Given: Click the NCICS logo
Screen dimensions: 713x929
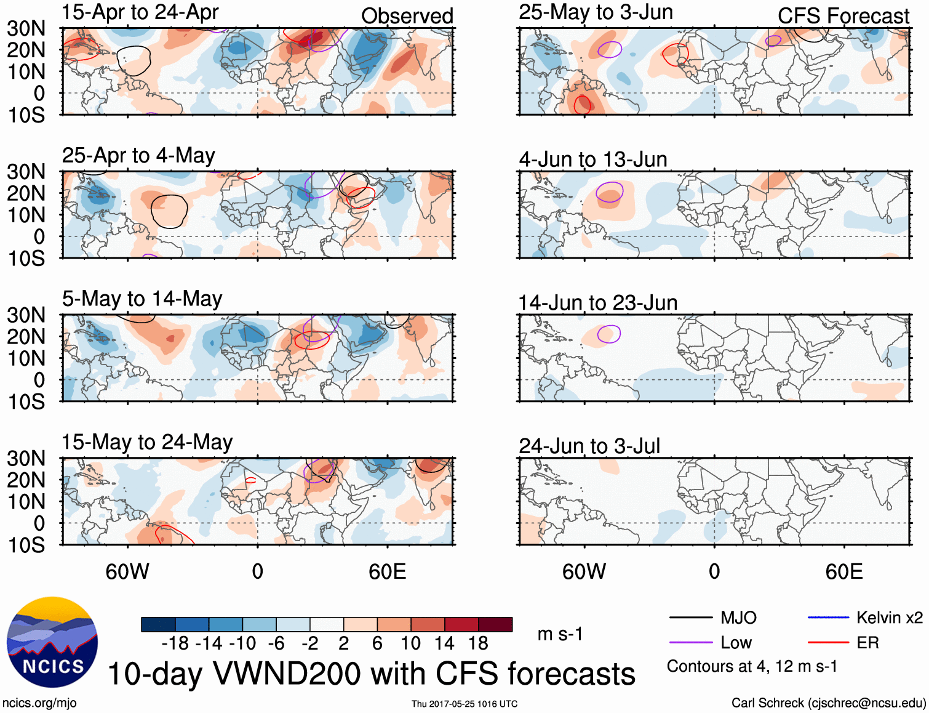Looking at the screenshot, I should (52, 642).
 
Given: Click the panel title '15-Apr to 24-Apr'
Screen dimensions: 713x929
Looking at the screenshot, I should (140, 12).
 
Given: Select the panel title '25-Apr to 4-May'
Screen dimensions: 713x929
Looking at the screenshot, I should (138, 156).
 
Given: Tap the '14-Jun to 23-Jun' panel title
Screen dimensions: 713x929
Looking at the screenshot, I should (597, 303).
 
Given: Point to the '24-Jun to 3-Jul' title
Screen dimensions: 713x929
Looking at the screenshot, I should (589, 446).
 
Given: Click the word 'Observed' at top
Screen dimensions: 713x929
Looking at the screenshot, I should (407, 16).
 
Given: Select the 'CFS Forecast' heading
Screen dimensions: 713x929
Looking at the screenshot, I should (843, 16).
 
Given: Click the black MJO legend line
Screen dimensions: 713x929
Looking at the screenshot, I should (691, 618).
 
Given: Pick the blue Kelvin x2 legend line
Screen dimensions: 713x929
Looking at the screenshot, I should (828, 618).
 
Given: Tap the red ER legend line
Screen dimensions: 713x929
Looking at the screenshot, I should (828, 643).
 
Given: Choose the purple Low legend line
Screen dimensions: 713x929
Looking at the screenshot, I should (691, 643).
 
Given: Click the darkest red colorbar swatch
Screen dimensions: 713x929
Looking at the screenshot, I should (495, 624).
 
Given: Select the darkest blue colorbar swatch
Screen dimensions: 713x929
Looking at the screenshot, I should (157, 624).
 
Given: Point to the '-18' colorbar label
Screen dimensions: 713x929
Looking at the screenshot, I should (175, 643).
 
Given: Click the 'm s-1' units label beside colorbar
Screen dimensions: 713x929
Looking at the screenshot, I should (560, 634).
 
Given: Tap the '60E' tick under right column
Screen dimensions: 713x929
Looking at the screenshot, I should (843, 571).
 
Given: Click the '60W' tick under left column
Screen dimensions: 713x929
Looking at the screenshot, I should (127, 571).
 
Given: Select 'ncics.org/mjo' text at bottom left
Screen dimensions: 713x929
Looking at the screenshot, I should (39, 703).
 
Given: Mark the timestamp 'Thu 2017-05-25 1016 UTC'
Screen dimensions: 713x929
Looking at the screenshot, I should (464, 704).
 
